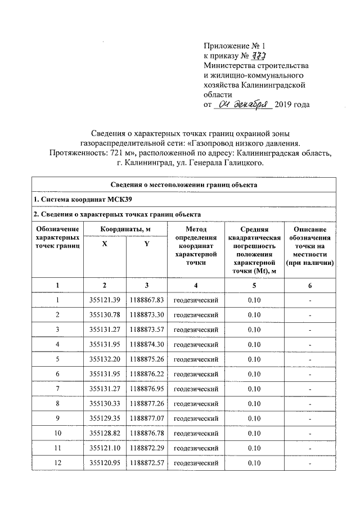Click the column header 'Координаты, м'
125,229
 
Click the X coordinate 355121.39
105,300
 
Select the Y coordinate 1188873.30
146,315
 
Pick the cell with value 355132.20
105,359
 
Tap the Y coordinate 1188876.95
146,388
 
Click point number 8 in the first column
57,403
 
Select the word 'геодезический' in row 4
195,344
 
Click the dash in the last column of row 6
310,374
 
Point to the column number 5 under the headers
254,285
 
